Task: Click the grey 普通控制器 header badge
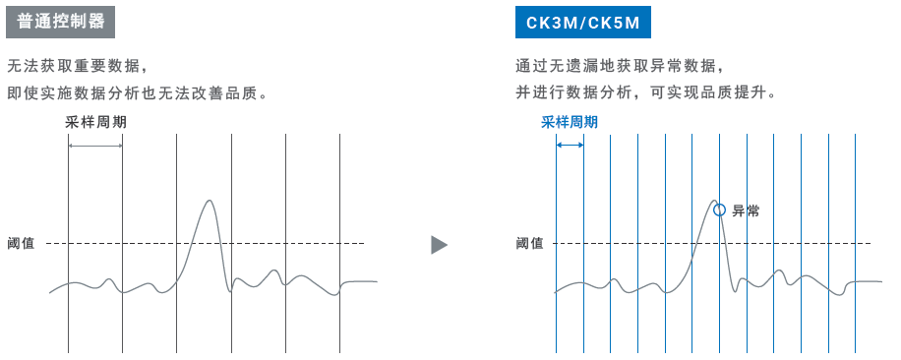pyautogui.click(x=60, y=22)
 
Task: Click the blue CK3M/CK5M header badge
pyautogui.click(x=582, y=22)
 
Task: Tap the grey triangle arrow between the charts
pyautogui.click(x=439, y=245)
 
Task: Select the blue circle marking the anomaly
pyautogui.click(x=719, y=210)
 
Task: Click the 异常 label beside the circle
pyautogui.click(x=746, y=210)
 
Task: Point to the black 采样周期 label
pyautogui.click(x=96, y=122)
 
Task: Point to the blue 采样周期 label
pyautogui.click(x=570, y=122)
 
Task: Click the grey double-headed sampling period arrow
pyautogui.click(x=95, y=146)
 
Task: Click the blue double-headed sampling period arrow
pyautogui.click(x=571, y=146)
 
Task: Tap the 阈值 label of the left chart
pyautogui.click(x=21, y=244)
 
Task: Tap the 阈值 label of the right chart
pyautogui.click(x=529, y=244)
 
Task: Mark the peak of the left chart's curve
pyautogui.click(x=210, y=200)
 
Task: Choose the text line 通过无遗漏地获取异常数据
pyautogui.click(x=618, y=66)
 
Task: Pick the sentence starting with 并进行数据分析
pyautogui.click(x=646, y=92)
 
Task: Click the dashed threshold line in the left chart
pyautogui.click(x=206, y=244)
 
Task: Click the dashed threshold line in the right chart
pyautogui.click(x=712, y=244)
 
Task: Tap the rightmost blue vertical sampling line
pyautogui.click(x=856, y=244)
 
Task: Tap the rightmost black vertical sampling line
pyautogui.click(x=339, y=244)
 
